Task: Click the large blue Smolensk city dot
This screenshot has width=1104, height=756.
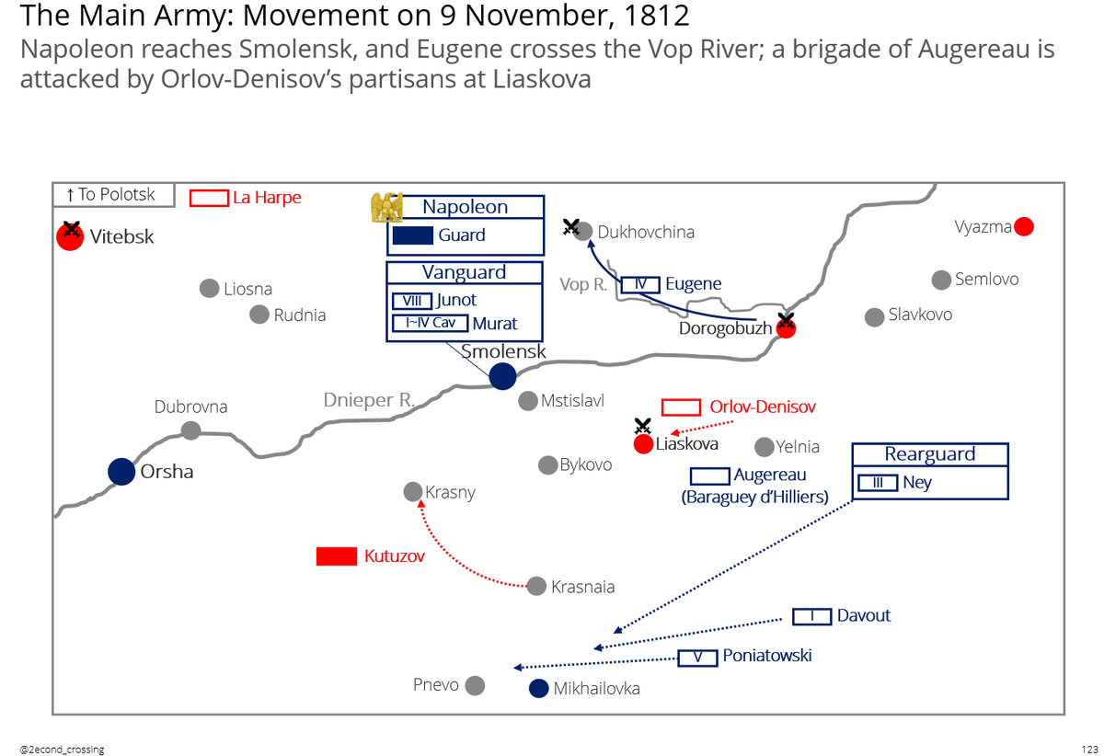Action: [x=502, y=376]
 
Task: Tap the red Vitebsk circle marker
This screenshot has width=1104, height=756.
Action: [x=70, y=236]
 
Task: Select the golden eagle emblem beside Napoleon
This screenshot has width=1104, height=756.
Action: [x=386, y=207]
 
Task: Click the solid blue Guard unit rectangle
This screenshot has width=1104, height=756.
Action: [x=413, y=235]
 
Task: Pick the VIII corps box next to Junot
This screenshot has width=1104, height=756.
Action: [x=411, y=301]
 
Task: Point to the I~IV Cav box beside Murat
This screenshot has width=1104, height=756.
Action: [x=430, y=323]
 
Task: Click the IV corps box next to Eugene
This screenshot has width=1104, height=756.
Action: [x=640, y=284]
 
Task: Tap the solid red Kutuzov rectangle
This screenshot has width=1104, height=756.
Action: [x=337, y=556]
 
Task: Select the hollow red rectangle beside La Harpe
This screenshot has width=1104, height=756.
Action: [x=209, y=198]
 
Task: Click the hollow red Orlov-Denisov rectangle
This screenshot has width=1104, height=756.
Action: [x=682, y=407]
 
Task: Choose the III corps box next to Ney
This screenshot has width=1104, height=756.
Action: [x=878, y=483]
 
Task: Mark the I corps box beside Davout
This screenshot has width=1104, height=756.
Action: [x=812, y=616]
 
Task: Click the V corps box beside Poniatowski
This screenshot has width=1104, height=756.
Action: [x=698, y=658]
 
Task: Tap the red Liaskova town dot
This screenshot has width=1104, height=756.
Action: [x=644, y=445]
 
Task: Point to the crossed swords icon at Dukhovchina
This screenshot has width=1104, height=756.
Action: [x=571, y=226]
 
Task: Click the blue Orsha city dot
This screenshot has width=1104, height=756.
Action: [x=121, y=472]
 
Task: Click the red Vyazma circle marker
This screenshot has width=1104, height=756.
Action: [x=1023, y=226]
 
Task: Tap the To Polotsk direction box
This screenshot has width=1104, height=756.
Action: [x=113, y=194]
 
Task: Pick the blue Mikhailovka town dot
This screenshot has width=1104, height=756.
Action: [x=539, y=688]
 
